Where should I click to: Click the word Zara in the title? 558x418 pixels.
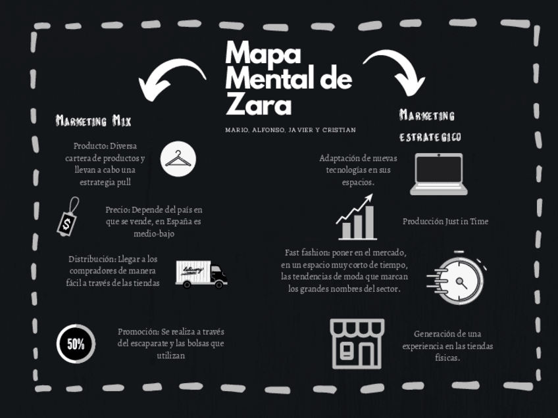tap(258, 104)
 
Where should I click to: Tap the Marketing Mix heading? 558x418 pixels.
tap(93, 121)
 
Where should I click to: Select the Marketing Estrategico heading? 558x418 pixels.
tap(430, 126)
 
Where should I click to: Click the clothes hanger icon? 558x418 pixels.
tap(178, 158)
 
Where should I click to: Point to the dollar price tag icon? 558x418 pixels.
tap(68, 217)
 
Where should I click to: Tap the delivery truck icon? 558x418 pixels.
tap(201, 274)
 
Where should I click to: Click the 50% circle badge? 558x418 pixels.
tap(76, 344)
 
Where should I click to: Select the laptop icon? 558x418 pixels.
tap(438, 174)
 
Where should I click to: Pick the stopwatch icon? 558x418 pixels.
tap(457, 279)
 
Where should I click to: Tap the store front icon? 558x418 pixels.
tap(357, 343)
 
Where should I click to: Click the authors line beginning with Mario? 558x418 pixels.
tap(290, 130)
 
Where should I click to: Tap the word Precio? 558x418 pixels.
tap(117, 210)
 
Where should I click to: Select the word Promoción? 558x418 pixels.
tap(138, 332)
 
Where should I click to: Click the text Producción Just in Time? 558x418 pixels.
tap(445, 221)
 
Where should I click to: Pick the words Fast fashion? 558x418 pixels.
tap(307, 252)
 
